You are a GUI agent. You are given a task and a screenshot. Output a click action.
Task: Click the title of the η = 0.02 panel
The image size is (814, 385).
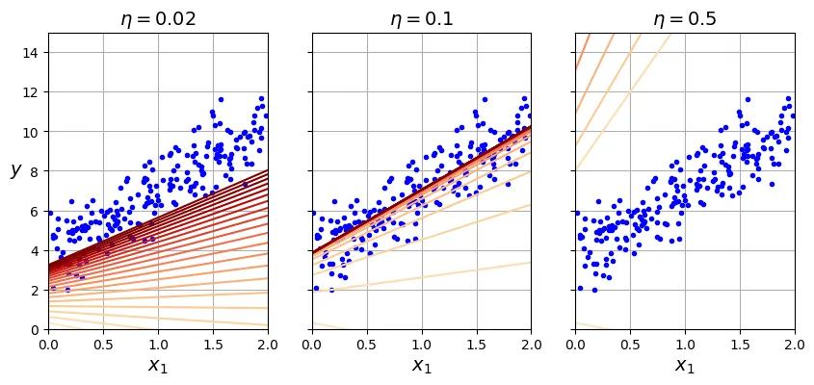158,19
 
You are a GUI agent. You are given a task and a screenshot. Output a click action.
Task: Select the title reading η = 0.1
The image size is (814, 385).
421,19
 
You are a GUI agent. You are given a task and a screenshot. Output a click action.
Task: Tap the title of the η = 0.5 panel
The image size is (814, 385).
685,19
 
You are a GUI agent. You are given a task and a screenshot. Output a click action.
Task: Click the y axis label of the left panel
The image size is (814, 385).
15,170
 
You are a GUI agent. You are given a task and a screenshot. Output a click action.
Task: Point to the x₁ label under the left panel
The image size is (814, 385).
158,366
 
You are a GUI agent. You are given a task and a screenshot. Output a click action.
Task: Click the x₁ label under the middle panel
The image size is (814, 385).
422,366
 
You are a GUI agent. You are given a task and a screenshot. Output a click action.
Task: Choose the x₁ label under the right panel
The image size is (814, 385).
685,366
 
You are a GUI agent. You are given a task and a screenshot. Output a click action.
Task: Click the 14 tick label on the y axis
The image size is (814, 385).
30,52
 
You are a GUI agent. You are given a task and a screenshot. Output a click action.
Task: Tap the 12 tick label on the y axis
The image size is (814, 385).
30,91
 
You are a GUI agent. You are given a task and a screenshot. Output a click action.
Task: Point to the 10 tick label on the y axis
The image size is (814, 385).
30,132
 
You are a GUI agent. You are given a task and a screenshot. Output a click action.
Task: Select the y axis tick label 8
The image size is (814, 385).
34,171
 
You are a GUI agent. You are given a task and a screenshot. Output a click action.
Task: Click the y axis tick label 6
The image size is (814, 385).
34,211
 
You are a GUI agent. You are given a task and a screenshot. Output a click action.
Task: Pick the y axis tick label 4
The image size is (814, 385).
34,251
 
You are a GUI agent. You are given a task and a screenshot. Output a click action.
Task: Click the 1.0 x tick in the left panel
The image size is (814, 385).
158,344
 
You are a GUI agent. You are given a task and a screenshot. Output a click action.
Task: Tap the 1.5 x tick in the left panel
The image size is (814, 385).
213,344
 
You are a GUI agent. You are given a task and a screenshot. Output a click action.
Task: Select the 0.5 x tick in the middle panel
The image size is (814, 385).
367,344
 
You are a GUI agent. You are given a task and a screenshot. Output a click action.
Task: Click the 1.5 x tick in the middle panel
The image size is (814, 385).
477,344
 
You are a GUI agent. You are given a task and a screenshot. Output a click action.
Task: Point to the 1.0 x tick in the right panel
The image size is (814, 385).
685,344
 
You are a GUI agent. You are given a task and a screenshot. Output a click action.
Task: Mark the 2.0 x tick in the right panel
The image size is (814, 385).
795,344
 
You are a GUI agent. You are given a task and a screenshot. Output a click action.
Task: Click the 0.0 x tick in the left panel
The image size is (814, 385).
48,344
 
